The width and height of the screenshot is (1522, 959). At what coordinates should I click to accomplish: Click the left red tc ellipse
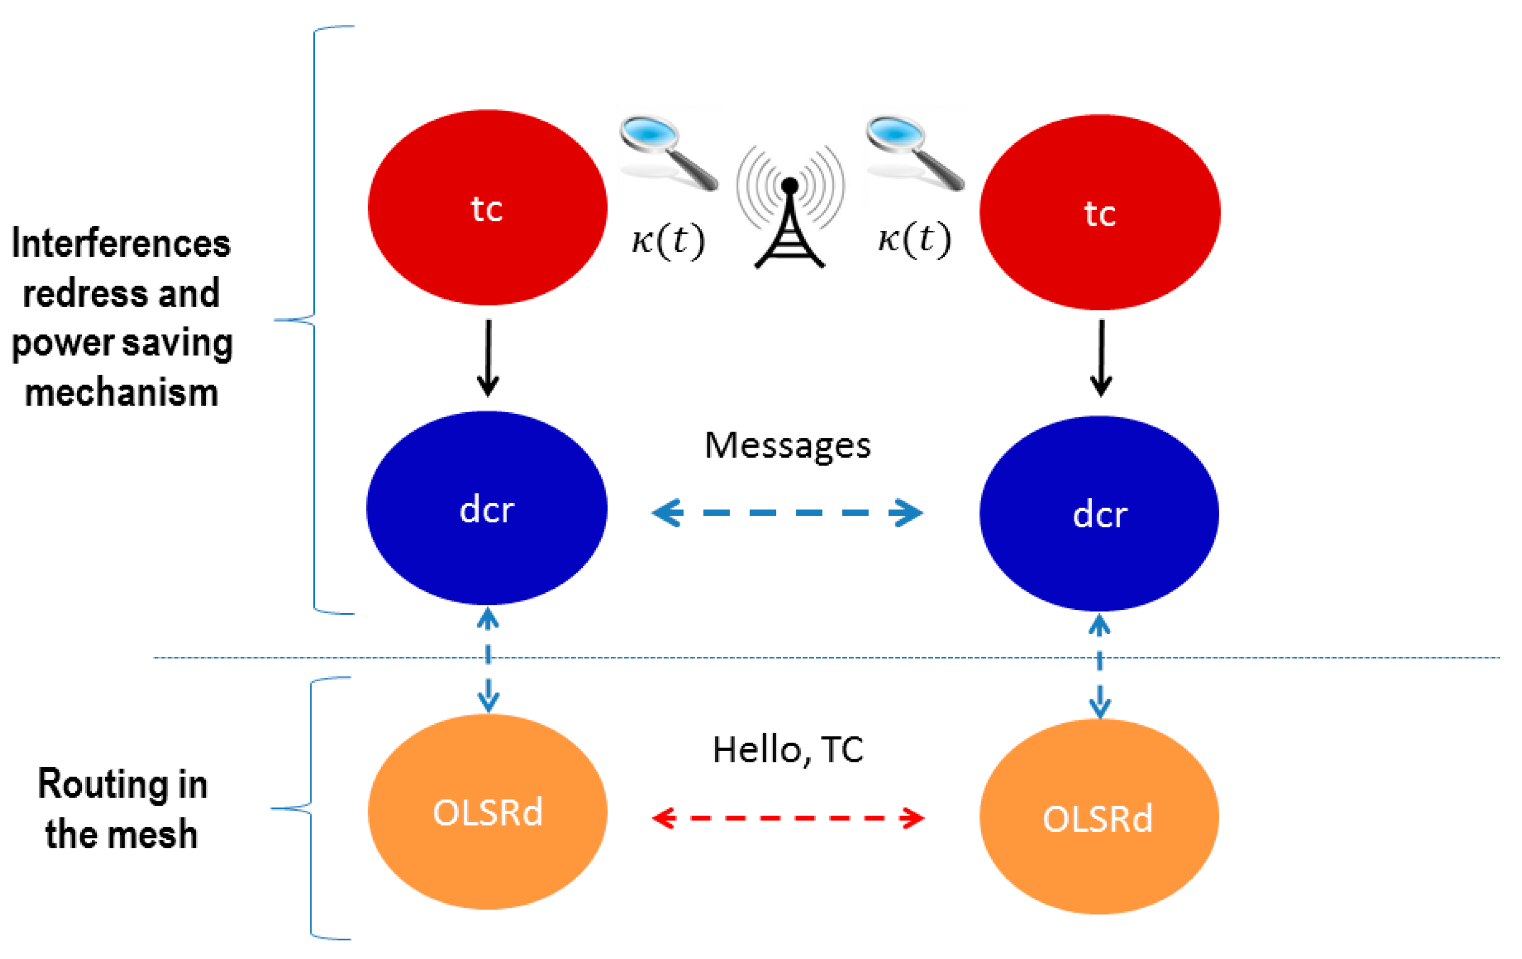coord(488,208)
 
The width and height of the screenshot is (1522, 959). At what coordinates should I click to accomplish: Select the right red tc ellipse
coord(1099,212)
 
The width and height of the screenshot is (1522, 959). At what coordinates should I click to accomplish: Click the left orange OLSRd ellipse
coord(488,812)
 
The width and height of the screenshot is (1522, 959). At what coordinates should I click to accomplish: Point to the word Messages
coord(788,445)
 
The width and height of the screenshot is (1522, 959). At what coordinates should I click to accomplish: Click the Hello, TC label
coord(788,750)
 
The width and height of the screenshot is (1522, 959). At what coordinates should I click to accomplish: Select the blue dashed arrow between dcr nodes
coord(788,512)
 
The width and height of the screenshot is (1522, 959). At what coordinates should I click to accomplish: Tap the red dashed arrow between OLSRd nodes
coord(788,818)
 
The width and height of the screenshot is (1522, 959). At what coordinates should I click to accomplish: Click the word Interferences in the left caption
coord(121,244)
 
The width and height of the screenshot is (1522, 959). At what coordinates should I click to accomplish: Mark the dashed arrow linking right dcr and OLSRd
coord(1099,667)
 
